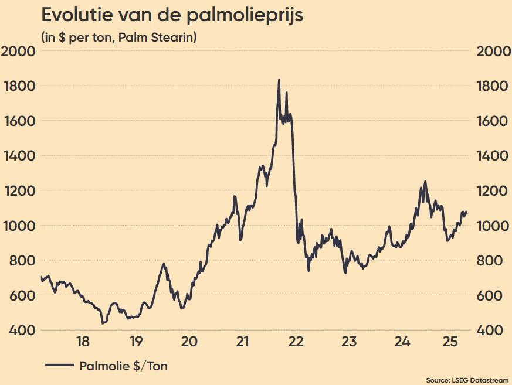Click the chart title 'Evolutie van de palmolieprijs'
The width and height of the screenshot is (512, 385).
(x=171, y=15)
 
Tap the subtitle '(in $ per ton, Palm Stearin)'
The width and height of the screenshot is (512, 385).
(x=118, y=37)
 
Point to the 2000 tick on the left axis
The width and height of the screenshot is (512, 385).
(x=19, y=51)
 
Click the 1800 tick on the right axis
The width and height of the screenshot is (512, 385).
(x=493, y=86)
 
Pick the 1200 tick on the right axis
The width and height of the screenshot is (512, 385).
(x=493, y=191)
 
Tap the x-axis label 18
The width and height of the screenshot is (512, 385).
(x=83, y=342)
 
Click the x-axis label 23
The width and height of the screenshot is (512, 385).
(x=349, y=342)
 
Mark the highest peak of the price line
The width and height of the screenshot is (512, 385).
(x=279, y=80)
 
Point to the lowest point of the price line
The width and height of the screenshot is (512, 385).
(x=103, y=323)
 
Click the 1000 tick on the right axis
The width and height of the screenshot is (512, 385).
(x=493, y=226)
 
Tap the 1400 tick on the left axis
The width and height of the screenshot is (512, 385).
(x=19, y=156)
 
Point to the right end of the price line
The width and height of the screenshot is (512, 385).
(x=467, y=213)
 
